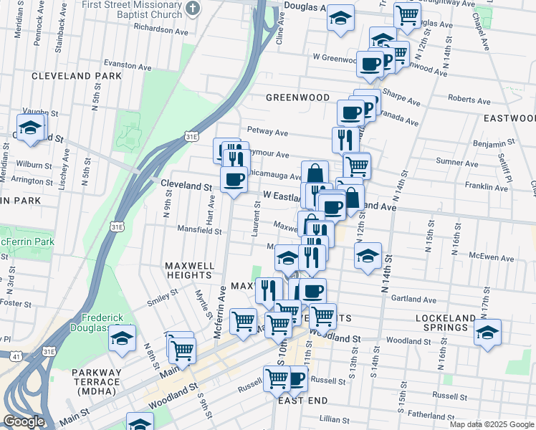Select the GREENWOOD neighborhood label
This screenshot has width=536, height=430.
tap(297, 97)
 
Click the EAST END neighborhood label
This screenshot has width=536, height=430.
tap(303, 400)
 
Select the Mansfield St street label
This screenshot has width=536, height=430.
tap(200, 231)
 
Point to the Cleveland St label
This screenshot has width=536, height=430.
tap(187, 185)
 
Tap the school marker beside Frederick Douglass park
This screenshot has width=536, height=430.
tap(122, 337)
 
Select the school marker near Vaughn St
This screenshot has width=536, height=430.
tap(32, 127)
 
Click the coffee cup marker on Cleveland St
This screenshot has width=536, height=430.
tap(234, 179)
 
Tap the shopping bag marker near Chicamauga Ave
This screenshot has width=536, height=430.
tap(315, 173)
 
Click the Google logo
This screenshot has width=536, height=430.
tap(24, 421)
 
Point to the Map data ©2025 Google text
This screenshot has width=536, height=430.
tap(491, 424)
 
